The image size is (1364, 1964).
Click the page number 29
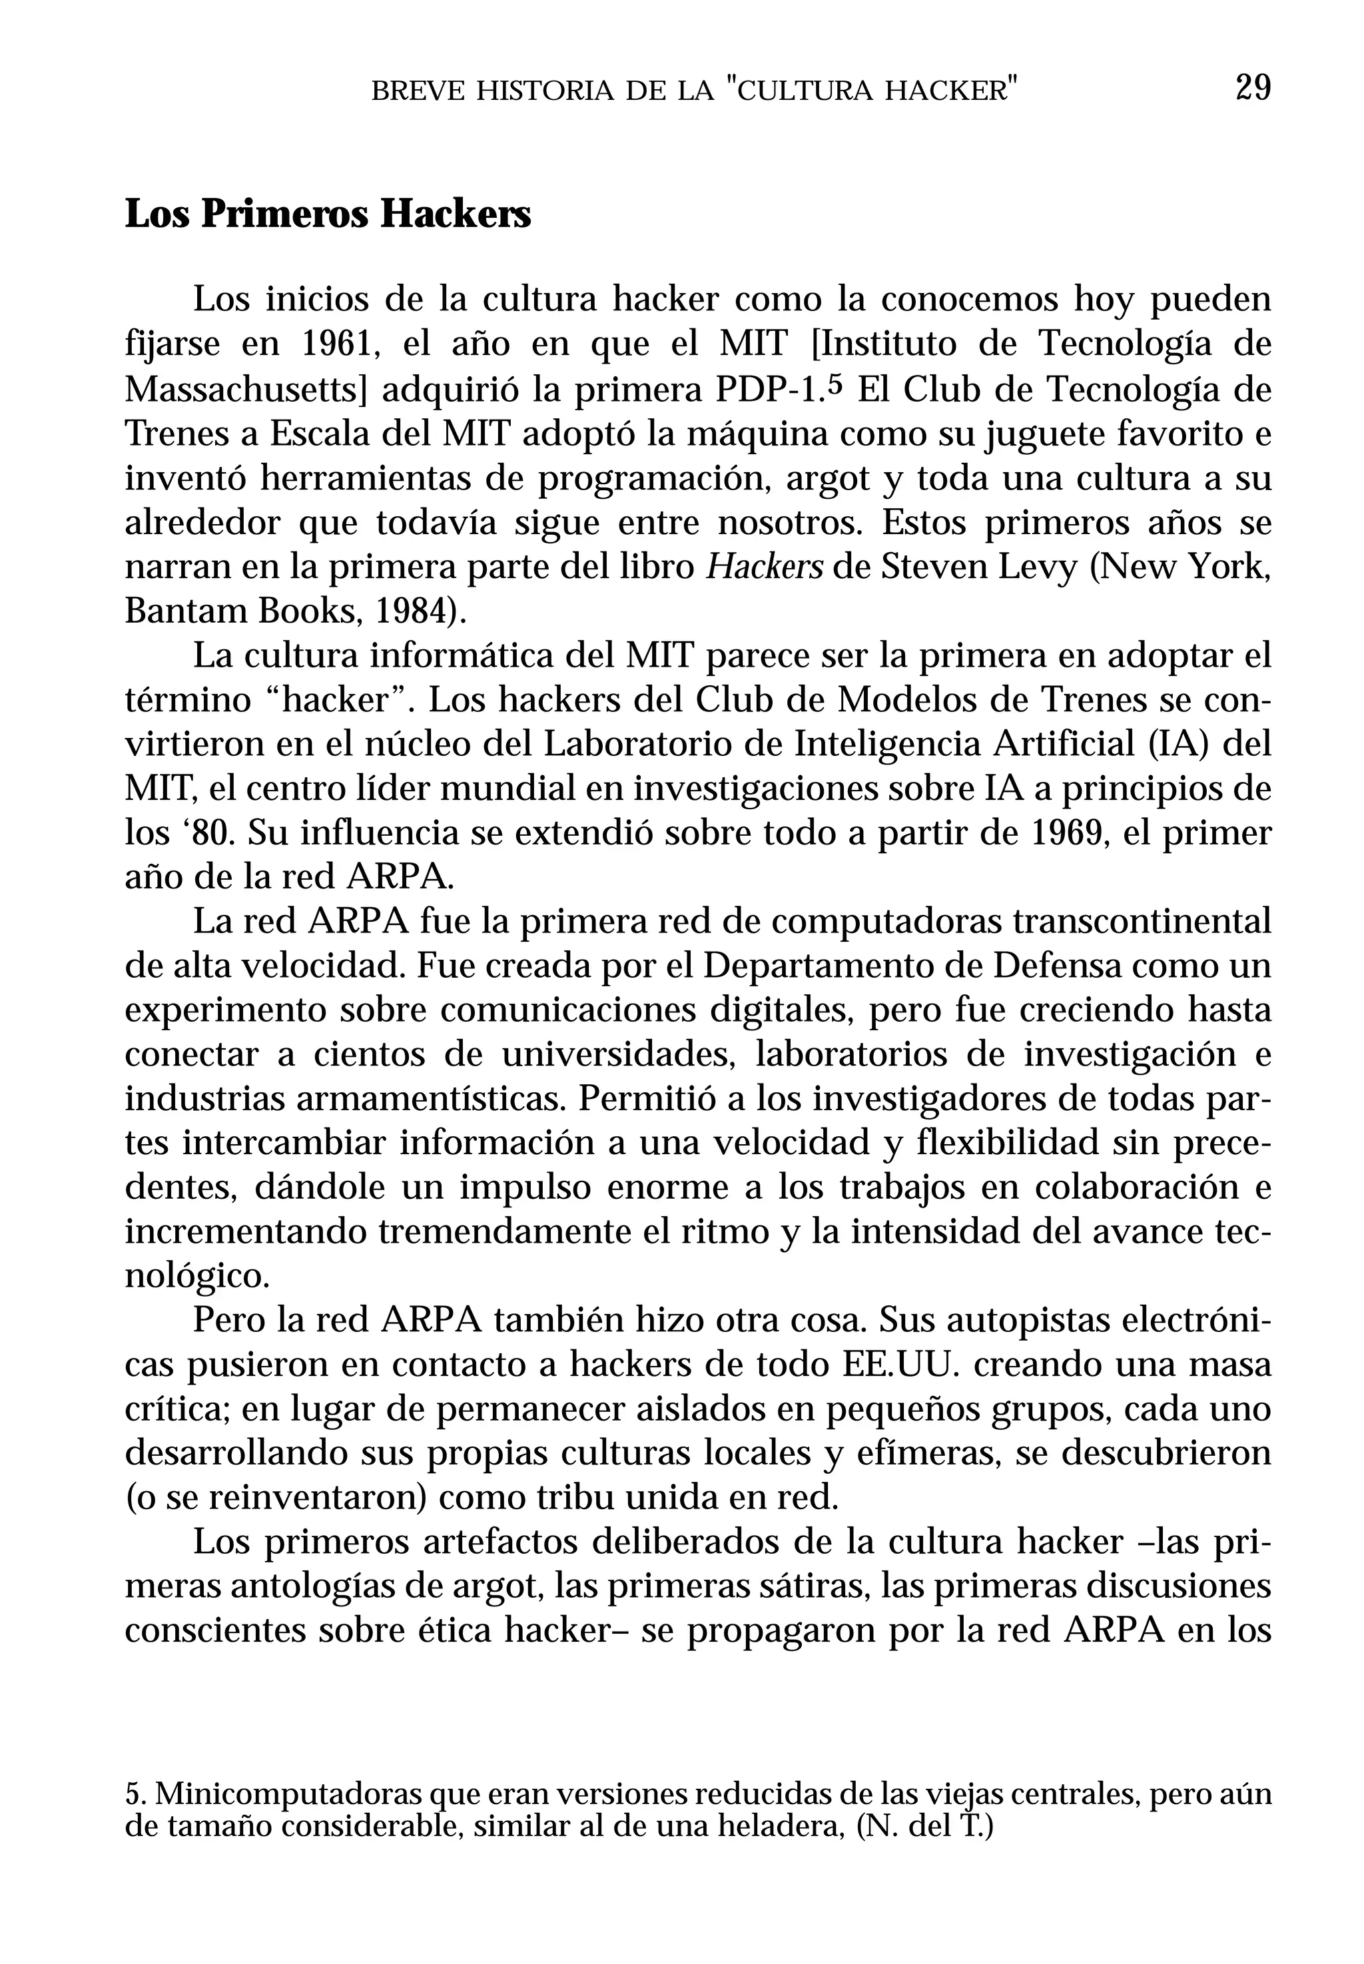coord(1253,88)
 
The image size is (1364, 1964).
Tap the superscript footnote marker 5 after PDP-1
coord(836,383)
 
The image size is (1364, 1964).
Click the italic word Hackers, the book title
coord(764,567)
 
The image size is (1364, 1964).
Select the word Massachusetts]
coord(245,390)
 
